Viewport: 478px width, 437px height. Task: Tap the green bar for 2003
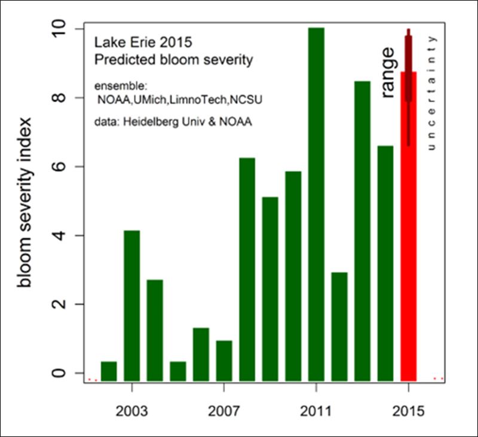click(x=131, y=304)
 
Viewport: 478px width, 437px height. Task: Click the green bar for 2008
click(x=247, y=269)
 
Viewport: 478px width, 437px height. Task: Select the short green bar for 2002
click(x=109, y=371)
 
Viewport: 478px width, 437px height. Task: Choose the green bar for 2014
click(x=385, y=263)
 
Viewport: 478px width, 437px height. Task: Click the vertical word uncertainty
click(x=434, y=93)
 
